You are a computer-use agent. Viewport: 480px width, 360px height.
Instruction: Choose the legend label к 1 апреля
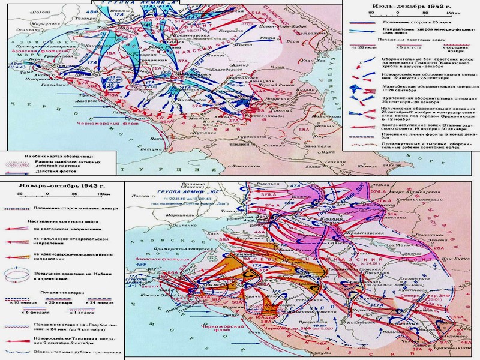[x=70, y=308]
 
